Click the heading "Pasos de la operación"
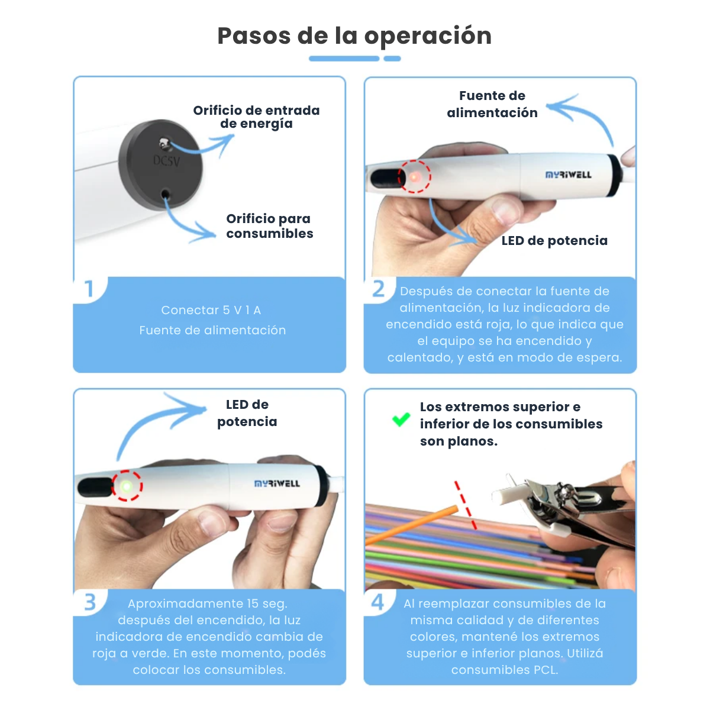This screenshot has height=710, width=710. coord(354,36)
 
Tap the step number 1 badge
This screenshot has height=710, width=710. coord(89,289)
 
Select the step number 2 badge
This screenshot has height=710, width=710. coord(378,289)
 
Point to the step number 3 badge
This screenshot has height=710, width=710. coord(89,602)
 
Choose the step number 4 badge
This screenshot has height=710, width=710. coord(377,602)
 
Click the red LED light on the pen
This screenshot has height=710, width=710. coord(414,177)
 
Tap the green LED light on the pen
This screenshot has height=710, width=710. coord(127,486)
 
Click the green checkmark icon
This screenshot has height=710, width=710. coord(401,419)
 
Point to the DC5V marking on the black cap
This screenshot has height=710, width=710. coord(166,161)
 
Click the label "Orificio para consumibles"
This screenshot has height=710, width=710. coord(270,226)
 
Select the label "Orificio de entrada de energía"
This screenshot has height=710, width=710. coord(256,117)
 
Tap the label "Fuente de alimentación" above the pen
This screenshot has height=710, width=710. coord(492,104)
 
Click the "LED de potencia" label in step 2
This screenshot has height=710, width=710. coord(554,241)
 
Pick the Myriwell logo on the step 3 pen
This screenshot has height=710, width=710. coord(277,483)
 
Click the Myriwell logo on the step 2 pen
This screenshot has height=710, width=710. coord(569,175)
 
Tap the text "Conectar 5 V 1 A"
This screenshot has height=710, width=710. coord(211,310)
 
